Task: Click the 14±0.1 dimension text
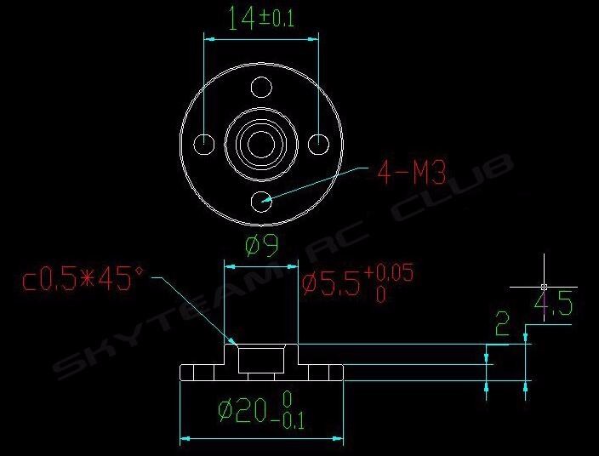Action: (x=260, y=19)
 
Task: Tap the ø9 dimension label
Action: (x=262, y=247)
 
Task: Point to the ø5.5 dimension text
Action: (x=330, y=282)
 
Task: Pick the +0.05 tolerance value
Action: (x=389, y=273)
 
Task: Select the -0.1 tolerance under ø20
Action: (x=294, y=419)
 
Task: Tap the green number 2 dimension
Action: (x=502, y=323)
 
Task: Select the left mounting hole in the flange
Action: (x=204, y=144)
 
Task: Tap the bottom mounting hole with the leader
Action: (x=262, y=202)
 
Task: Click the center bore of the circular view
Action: (x=262, y=144)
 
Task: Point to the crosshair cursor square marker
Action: (x=543, y=287)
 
